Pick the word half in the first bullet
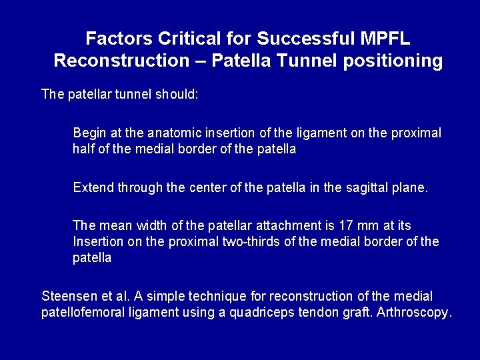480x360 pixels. (x=84, y=149)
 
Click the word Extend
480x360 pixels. (x=93, y=187)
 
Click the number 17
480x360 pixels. (x=337, y=226)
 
